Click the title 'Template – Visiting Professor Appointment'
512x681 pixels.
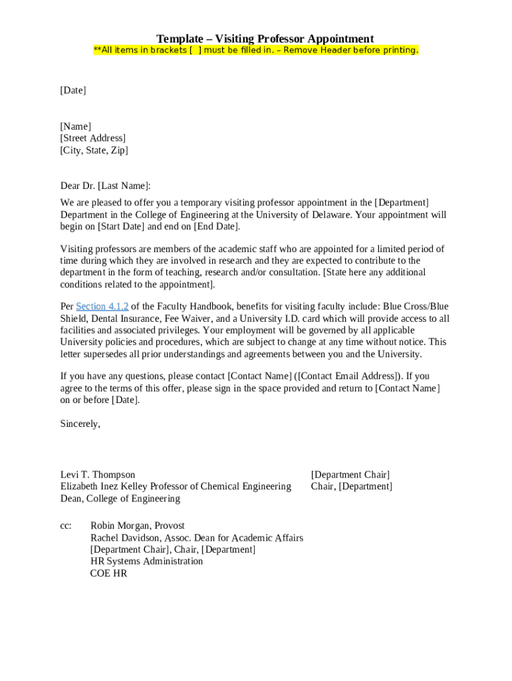point(265,39)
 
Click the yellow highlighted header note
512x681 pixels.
point(256,51)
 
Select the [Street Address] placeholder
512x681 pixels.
point(92,138)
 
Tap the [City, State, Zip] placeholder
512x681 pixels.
point(94,150)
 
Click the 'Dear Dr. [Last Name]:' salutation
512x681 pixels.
point(105,186)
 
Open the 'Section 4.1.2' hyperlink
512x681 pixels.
point(102,307)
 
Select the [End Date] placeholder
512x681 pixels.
point(215,226)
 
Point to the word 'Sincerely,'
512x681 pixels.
point(80,424)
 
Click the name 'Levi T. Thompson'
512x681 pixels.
point(98,475)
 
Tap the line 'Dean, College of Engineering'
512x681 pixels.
point(120,499)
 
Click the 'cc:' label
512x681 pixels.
point(66,526)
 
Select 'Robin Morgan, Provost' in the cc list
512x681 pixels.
point(137,526)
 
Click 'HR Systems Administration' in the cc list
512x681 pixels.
point(146,561)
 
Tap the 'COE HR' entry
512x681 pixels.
point(108,573)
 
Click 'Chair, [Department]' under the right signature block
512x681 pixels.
point(351,487)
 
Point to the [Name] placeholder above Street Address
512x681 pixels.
point(75,126)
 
